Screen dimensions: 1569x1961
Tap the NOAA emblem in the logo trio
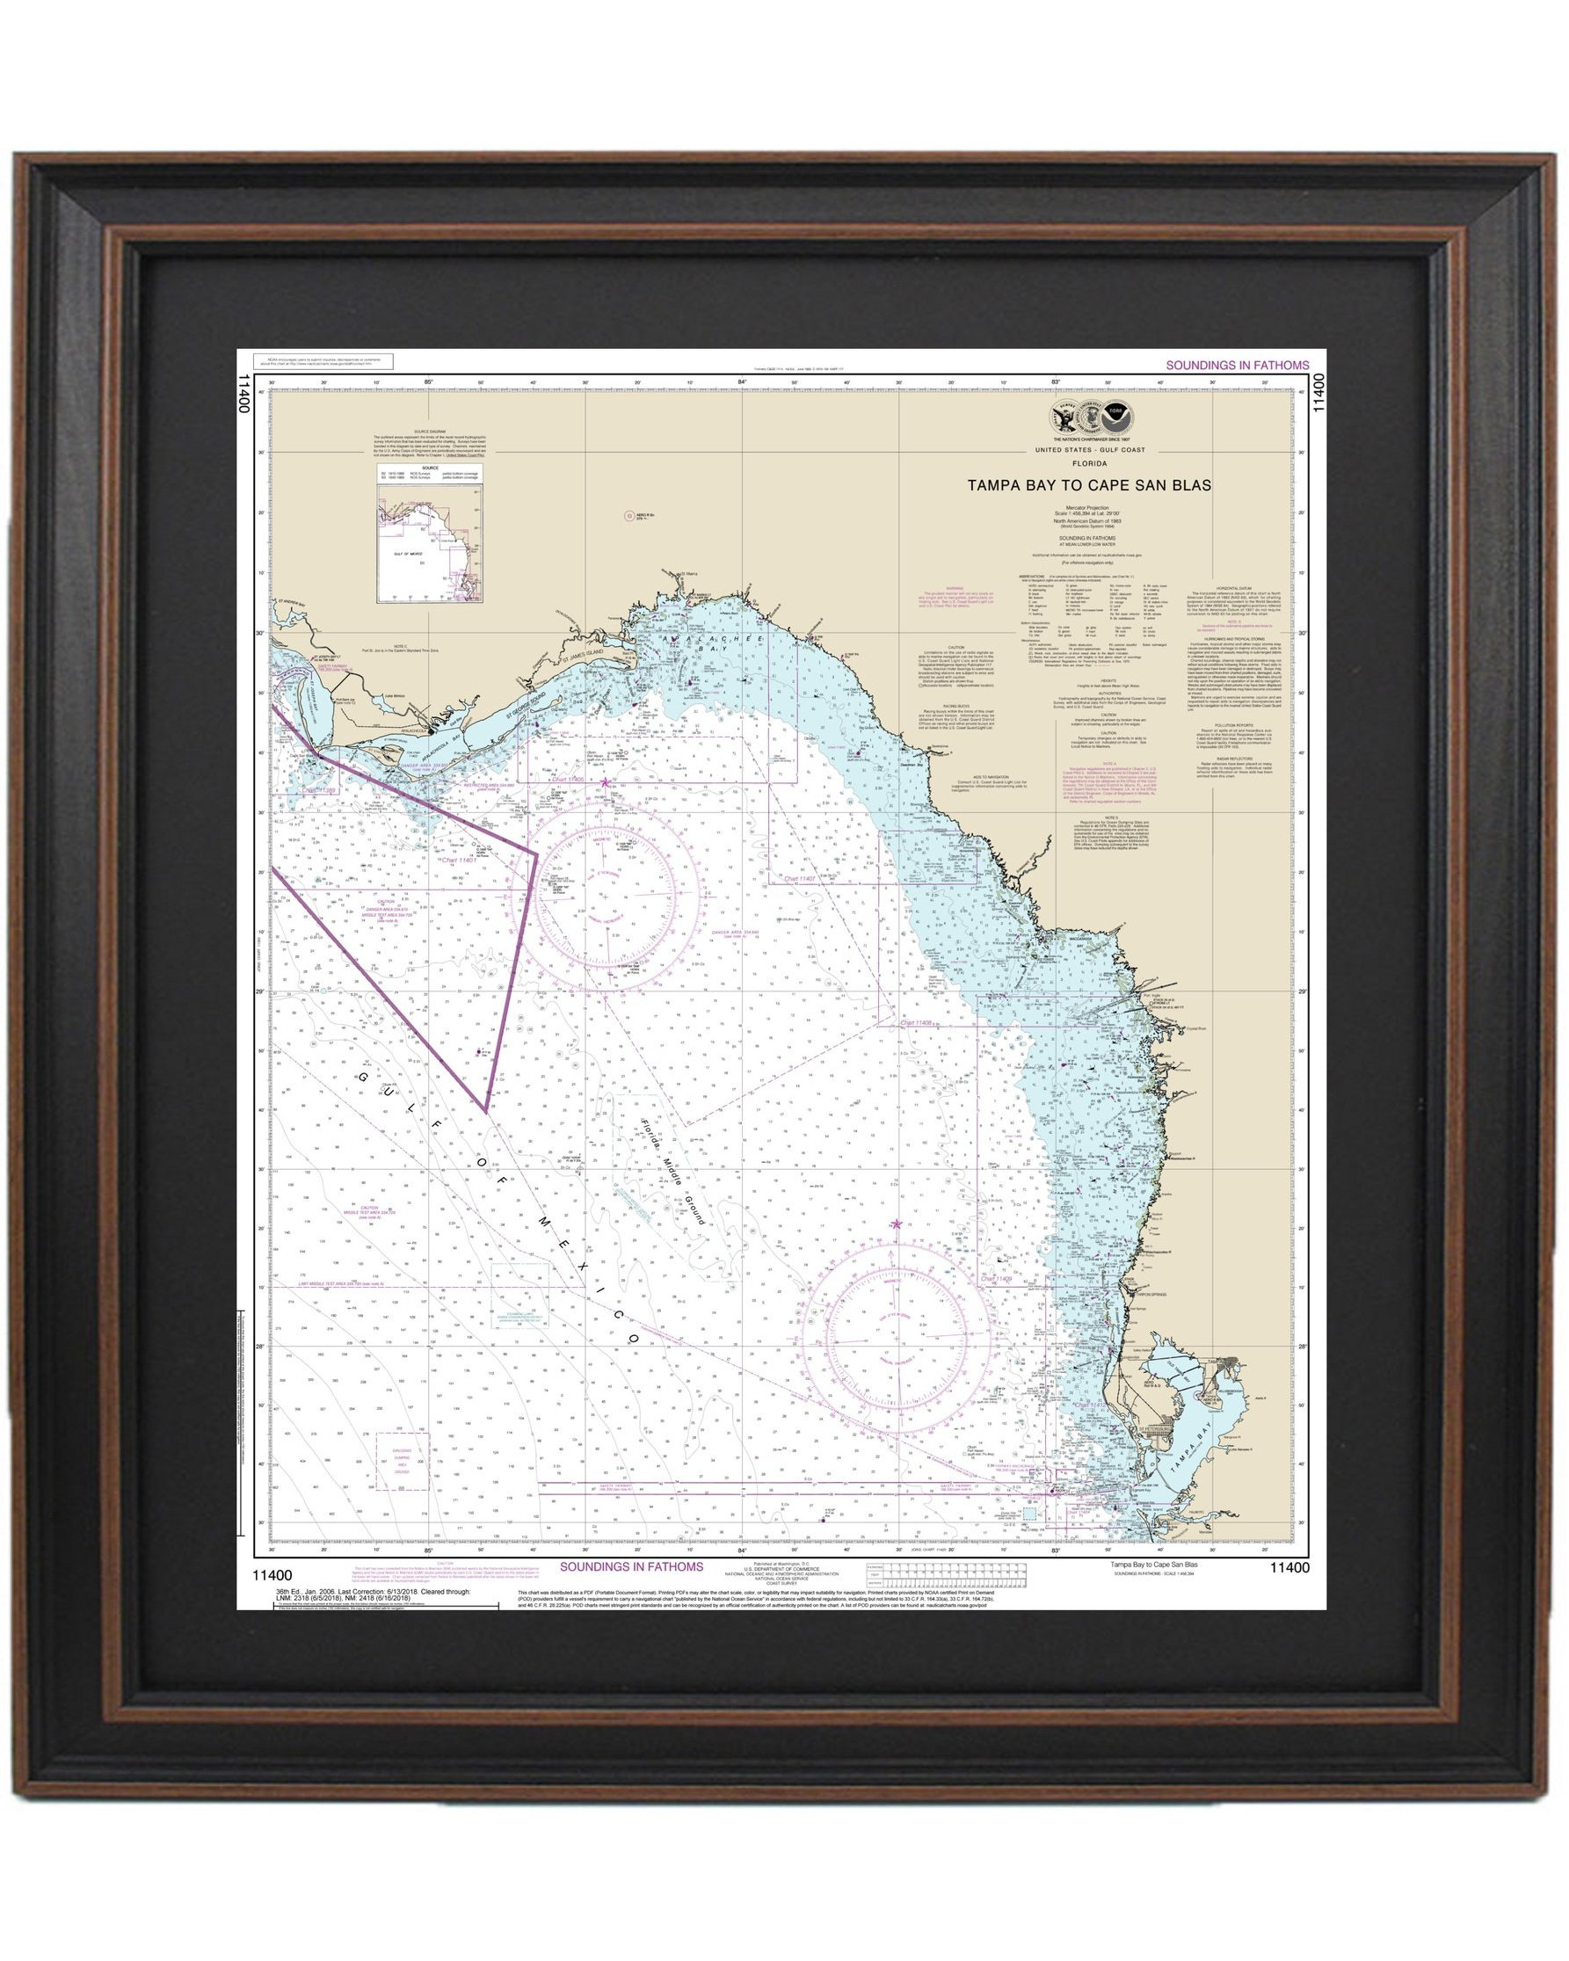1113,420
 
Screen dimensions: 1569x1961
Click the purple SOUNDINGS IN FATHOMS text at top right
1237,365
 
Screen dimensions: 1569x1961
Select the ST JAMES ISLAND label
582,654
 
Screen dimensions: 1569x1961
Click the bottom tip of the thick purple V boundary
486,1110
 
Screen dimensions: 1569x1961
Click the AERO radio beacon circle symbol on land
628,516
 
